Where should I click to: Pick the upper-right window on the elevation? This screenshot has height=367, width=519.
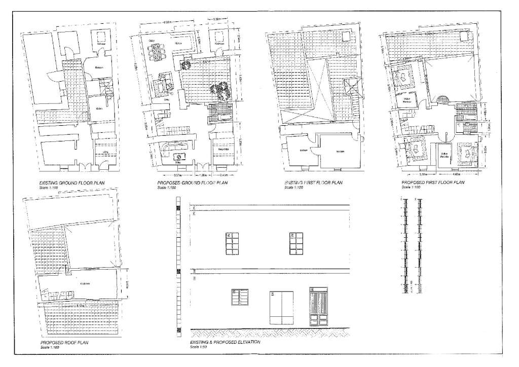coord(295,244)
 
